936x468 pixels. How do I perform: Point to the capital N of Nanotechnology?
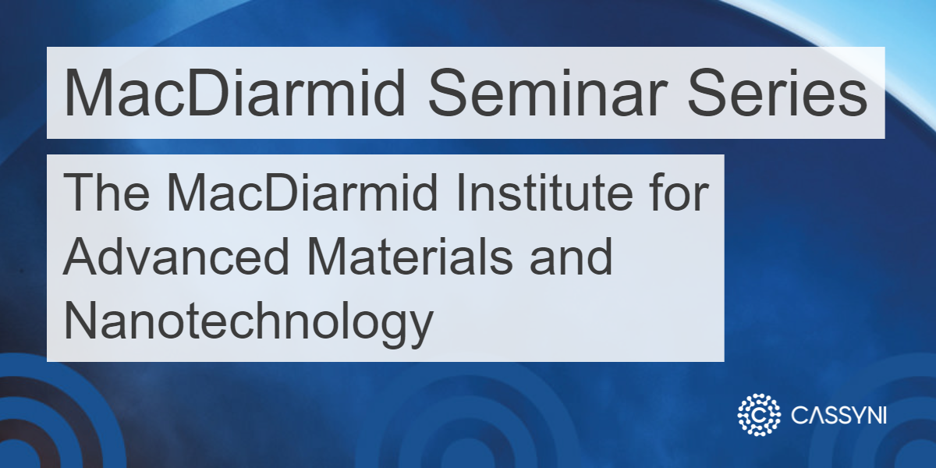click(78, 321)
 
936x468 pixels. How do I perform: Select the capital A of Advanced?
click(79, 258)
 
